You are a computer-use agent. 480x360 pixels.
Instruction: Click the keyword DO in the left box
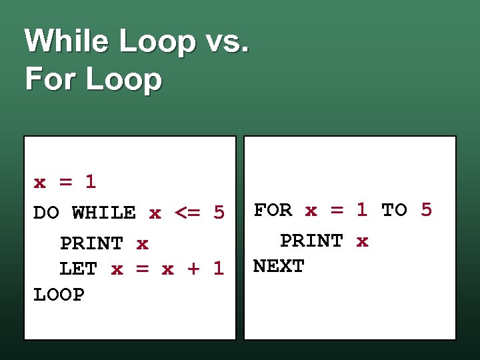[46, 213]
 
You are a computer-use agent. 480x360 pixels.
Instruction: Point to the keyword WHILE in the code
[103, 213]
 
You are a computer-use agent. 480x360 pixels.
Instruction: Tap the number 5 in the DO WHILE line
[219, 213]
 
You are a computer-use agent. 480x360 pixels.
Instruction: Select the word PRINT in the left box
[91, 244]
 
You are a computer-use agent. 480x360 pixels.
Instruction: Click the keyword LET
[78, 269]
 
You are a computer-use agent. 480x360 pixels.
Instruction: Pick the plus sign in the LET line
[193, 269]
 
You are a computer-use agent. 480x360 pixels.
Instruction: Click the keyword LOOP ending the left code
[59, 295]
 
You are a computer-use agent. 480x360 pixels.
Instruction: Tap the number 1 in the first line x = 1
[91, 181]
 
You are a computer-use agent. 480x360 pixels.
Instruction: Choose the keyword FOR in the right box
[273, 210]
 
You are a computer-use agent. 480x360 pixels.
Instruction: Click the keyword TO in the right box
[394, 210]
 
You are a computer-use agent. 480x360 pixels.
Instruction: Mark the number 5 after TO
[426, 210]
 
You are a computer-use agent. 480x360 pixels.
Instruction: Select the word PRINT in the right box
[311, 241]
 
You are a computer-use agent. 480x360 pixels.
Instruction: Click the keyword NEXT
[279, 266]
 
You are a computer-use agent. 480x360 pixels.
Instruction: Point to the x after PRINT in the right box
[362, 241]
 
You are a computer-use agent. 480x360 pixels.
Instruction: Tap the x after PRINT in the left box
[142, 244]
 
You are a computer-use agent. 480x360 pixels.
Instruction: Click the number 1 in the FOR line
[361, 210]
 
